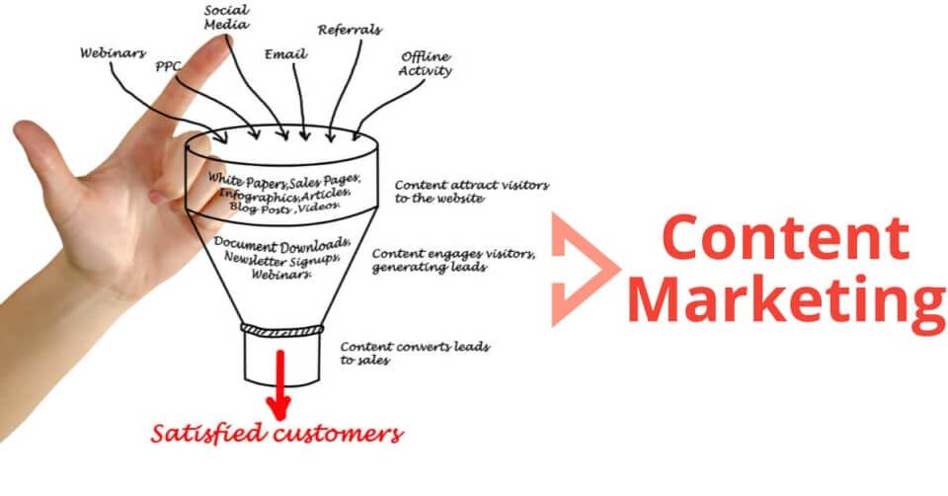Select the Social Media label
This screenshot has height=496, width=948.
pos(224,17)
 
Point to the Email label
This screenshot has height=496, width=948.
pos(281,55)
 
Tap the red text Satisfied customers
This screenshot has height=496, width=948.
pos(276,433)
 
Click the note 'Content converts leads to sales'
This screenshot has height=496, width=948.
pos(415,353)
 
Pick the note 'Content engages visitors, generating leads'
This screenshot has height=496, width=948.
pos(453,260)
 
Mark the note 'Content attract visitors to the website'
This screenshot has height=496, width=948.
pos(471,191)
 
